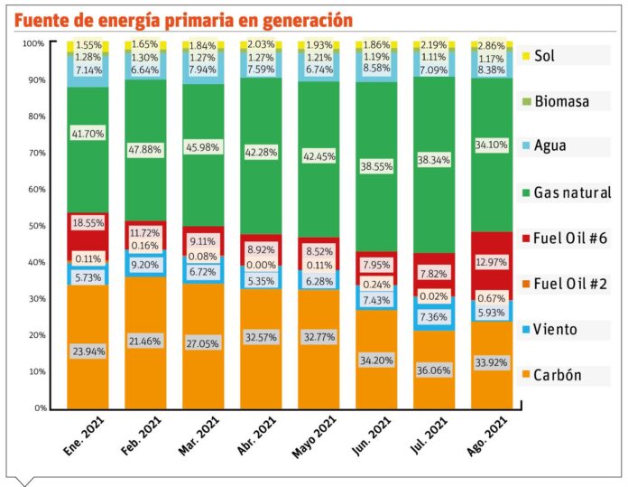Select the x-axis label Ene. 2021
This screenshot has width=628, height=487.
pyautogui.click(x=81, y=440)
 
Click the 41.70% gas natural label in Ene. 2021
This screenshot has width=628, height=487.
pyautogui.click(x=88, y=134)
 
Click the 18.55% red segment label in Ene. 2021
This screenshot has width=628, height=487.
pyautogui.click(x=88, y=221)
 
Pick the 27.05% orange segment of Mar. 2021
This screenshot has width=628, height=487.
pyautogui.click(x=204, y=344)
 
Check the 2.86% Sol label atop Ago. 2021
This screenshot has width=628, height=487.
pyautogui.click(x=493, y=44)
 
